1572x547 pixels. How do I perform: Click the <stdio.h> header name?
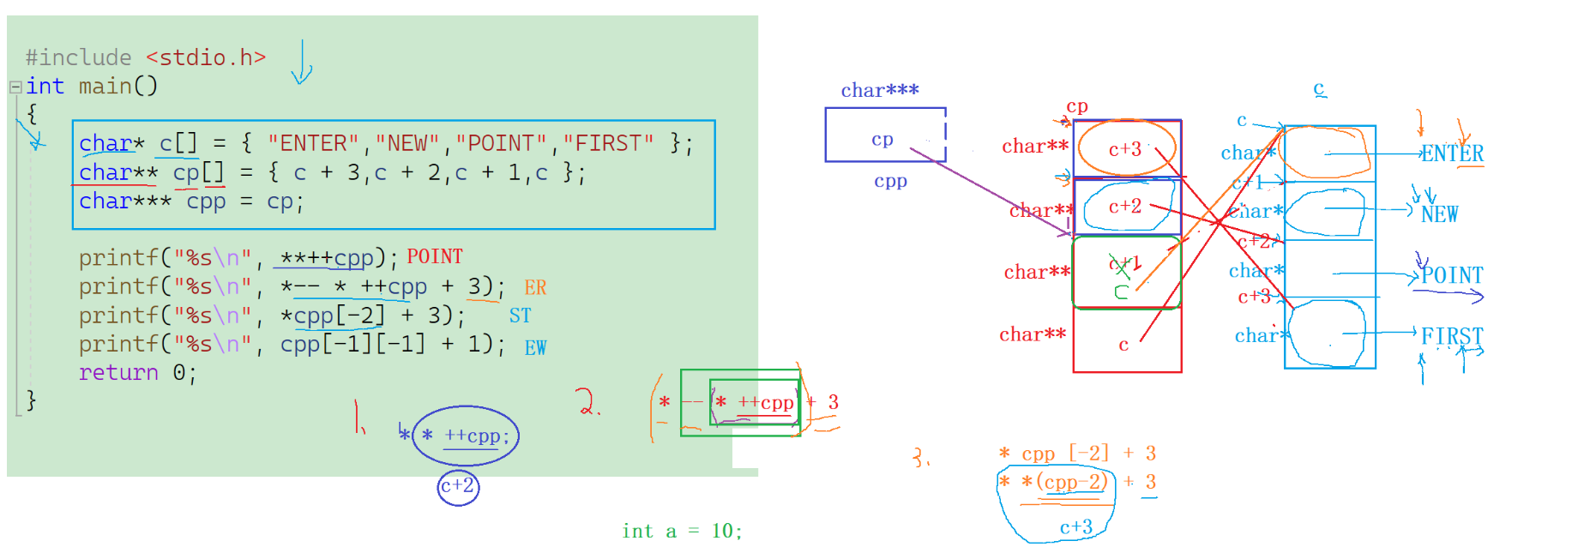tap(206, 57)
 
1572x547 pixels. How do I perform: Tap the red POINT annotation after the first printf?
tap(435, 257)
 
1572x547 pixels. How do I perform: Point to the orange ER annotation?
tap(535, 287)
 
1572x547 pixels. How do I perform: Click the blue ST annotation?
tap(520, 316)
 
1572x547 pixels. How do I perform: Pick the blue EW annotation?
tap(535, 347)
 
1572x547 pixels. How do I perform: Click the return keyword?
tap(118, 373)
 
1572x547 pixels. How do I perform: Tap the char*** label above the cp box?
tap(879, 90)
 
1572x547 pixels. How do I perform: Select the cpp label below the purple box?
tap(890, 181)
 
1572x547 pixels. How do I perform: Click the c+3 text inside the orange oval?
tap(1125, 149)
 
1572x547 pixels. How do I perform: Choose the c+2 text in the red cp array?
tap(1125, 207)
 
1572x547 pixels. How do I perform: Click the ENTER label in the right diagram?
tap(1452, 154)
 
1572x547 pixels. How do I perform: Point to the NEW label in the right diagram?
tap(1439, 214)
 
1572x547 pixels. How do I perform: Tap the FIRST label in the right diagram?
tap(1452, 336)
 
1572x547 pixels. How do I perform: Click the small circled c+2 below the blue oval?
tap(458, 486)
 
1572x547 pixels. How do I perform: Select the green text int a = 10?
tap(682, 532)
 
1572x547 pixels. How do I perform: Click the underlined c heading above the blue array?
tap(1319, 88)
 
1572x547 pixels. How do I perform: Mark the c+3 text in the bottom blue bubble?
tap(1076, 527)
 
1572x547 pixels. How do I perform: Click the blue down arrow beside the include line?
tap(302, 64)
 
